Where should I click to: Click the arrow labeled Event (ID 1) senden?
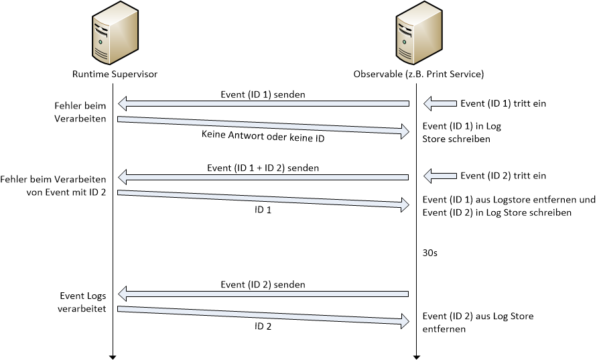pyautogui.click(x=263, y=104)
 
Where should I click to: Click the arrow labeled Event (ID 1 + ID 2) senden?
pyautogui.click(x=263, y=177)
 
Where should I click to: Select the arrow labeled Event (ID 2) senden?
pyautogui.click(x=263, y=294)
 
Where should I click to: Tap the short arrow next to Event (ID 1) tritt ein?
pyautogui.click(x=439, y=104)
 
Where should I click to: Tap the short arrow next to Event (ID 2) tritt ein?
pyautogui.click(x=439, y=176)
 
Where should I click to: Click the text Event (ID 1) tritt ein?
pyautogui.click(x=503, y=104)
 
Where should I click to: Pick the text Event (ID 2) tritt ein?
pyautogui.click(x=503, y=176)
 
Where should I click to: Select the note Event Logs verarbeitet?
pyautogui.click(x=81, y=301)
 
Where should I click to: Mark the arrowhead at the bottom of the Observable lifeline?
pyautogui.click(x=416, y=355)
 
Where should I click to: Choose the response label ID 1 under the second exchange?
pyautogui.click(x=263, y=209)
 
